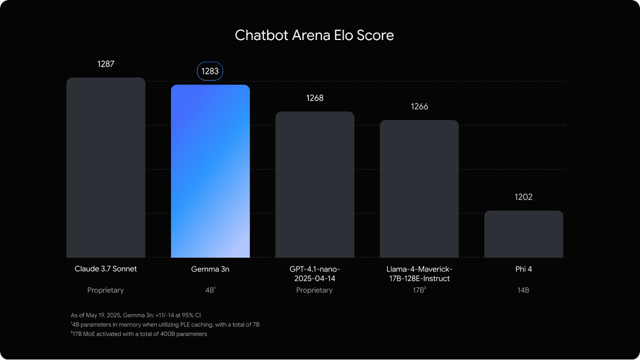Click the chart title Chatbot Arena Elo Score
(314, 36)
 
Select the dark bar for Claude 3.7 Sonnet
(106, 168)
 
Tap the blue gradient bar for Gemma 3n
(210, 171)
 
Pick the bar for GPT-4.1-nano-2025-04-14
(315, 185)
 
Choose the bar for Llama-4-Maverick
(419, 189)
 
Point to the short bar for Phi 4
(524, 234)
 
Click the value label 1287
(106, 64)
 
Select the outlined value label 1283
(210, 71)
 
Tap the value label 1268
(315, 98)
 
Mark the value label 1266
(419, 107)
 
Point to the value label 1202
(524, 197)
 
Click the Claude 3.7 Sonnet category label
(106, 269)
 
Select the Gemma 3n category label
(210, 269)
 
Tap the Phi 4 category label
(524, 269)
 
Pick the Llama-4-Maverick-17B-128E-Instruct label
(419, 274)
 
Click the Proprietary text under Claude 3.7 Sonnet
(106, 291)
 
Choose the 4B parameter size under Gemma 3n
(210, 291)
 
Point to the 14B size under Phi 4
(524, 291)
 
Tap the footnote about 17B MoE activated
(139, 334)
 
